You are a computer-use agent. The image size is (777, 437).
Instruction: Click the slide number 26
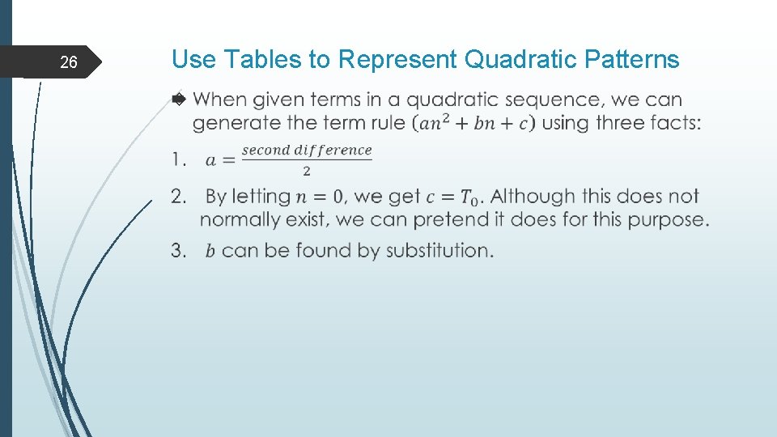point(69,62)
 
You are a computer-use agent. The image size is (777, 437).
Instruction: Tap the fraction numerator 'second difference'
point(307,150)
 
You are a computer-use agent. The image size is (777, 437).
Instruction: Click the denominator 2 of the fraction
point(307,171)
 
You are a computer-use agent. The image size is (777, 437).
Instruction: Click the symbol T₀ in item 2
point(469,197)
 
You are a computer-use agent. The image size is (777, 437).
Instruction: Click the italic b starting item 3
point(210,251)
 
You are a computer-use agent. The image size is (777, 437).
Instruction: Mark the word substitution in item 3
point(439,250)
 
